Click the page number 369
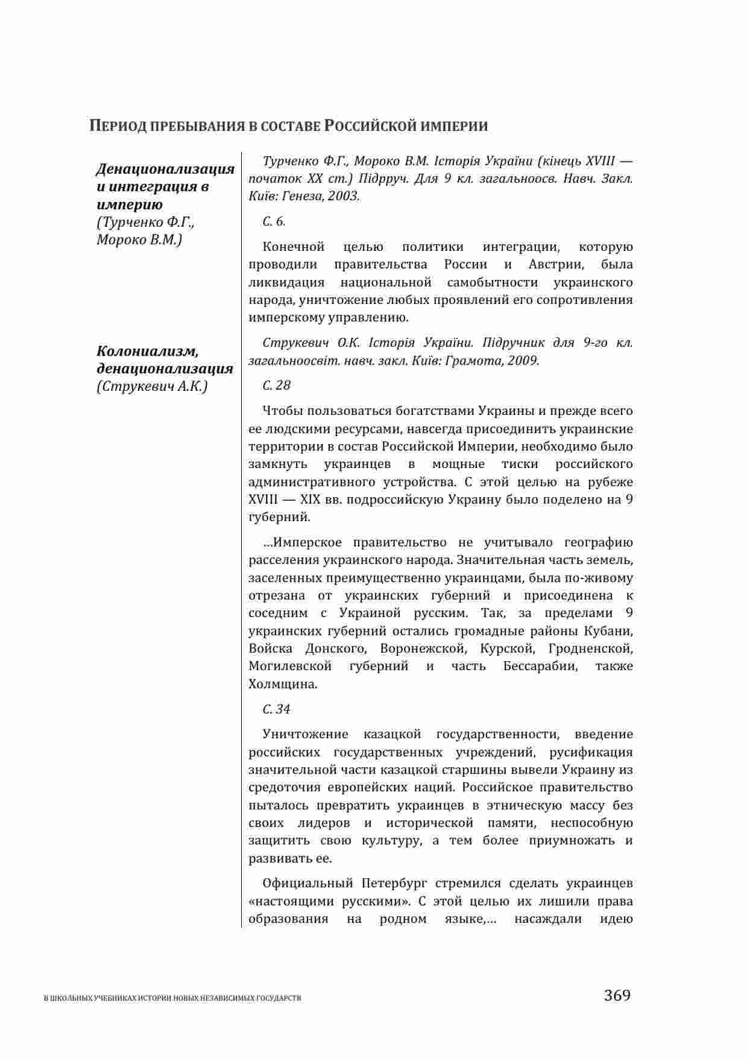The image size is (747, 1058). (x=617, y=995)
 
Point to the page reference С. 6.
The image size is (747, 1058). (x=274, y=222)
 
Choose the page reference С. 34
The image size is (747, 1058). (x=276, y=709)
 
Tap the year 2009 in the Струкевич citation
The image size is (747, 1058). (x=523, y=361)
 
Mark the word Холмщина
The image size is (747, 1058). (x=282, y=685)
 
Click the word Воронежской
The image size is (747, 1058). (x=423, y=649)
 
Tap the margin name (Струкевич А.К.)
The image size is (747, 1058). (x=152, y=387)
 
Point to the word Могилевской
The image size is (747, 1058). (x=290, y=667)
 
